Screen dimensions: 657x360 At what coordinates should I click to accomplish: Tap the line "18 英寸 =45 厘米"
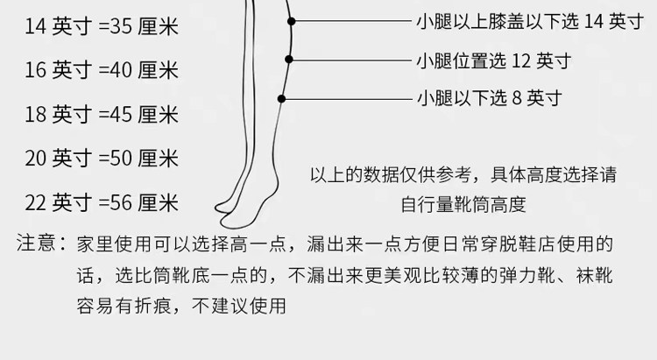[x=102, y=114]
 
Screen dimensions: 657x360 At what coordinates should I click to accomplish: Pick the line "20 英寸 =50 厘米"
[x=102, y=159]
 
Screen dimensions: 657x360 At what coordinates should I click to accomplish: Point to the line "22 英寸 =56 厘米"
[x=102, y=204]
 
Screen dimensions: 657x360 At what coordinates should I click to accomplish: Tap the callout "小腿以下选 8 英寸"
[x=490, y=97]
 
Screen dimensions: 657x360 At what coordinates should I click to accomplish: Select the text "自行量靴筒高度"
[x=463, y=206]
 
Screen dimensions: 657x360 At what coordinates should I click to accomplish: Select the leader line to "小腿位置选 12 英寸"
[x=350, y=60]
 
